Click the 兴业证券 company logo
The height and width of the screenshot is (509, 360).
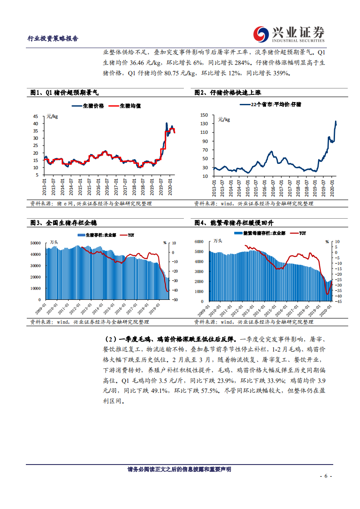pos(290,34)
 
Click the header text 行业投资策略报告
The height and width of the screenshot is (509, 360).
pos(53,39)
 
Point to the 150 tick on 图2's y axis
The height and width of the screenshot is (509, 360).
pos(204,115)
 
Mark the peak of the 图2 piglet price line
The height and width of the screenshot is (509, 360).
pos(335,122)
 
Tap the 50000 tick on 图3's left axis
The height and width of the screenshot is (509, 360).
pos(36,243)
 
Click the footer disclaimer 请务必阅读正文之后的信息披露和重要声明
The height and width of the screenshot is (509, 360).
pos(179,470)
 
